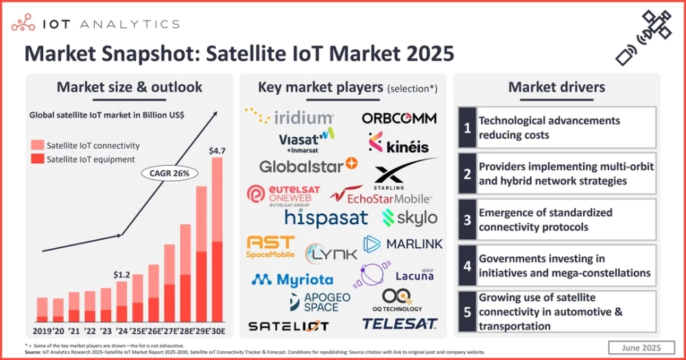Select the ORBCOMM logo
pyautogui.click(x=399, y=118)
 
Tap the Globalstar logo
pyautogui.click(x=308, y=165)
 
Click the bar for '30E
pyautogui.click(x=217, y=239)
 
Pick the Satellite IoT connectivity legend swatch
pyautogui.click(x=36, y=145)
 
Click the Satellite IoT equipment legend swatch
pyautogui.click(x=36, y=159)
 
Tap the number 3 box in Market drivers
pyautogui.click(x=467, y=219)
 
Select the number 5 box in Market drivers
pyautogui.click(x=467, y=311)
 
